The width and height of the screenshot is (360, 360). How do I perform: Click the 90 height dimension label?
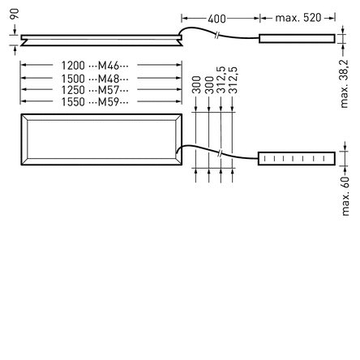tap(15, 14)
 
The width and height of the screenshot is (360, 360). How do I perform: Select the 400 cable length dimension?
tap(216, 19)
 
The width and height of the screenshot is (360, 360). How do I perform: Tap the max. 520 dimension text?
tap(298, 18)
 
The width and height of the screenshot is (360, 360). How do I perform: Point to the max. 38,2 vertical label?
tap(344, 84)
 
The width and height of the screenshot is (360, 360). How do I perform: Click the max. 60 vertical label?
tap(345, 196)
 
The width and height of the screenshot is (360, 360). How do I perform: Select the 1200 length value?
tap(73, 66)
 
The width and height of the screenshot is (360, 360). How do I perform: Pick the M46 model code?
tap(109, 66)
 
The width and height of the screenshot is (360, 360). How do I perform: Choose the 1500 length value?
tap(73, 79)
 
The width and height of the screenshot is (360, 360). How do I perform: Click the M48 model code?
tap(109, 79)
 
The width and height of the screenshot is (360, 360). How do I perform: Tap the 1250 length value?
tap(73, 90)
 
